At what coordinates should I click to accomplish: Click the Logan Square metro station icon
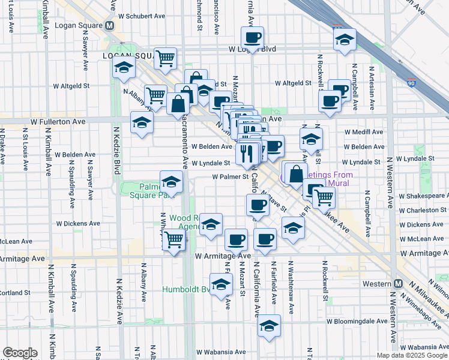pyautogui.click(x=110, y=26)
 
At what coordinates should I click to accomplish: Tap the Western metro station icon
pyautogui.click(x=398, y=284)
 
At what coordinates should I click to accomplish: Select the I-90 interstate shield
pyautogui.click(x=411, y=84)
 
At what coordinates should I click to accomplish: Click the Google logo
pyautogui.click(x=20, y=353)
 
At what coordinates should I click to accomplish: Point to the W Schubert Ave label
pyautogui.click(x=142, y=16)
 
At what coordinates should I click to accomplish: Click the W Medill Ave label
pyautogui.click(x=364, y=132)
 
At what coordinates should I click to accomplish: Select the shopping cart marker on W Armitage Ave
pyautogui.click(x=173, y=240)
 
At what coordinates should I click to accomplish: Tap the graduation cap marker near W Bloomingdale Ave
pyautogui.click(x=269, y=326)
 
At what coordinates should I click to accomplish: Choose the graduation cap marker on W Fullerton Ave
pyautogui.click(x=142, y=122)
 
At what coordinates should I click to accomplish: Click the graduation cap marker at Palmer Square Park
pyautogui.click(x=171, y=182)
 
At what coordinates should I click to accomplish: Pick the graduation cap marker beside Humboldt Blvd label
pyautogui.click(x=221, y=284)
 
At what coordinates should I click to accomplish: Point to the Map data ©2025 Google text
pyautogui.click(x=412, y=355)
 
